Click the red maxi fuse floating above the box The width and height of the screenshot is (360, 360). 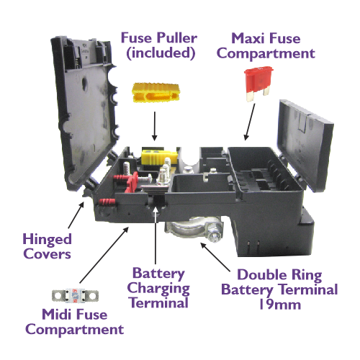258,83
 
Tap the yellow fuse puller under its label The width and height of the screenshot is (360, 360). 156,93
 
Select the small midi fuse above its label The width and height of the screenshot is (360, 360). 75,296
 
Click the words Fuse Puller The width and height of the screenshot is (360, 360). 159,38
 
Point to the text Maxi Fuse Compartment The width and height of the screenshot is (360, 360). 266,46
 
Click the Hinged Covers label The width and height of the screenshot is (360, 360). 48,246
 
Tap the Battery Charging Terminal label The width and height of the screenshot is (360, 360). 158,288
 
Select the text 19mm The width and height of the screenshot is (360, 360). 280,305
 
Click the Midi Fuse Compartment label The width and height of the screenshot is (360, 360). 75,322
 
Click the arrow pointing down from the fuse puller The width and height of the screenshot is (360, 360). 155,126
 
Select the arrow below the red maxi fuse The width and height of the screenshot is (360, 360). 249,122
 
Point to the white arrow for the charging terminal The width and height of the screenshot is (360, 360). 156,235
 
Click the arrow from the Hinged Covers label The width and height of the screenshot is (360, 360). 76,215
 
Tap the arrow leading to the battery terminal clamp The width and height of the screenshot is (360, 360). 215,257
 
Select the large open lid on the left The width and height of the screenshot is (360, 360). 84,113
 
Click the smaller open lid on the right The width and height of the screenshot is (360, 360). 306,145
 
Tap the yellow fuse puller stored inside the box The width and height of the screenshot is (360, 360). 159,157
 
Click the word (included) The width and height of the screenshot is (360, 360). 161,53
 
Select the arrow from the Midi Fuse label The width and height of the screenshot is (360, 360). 104,255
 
